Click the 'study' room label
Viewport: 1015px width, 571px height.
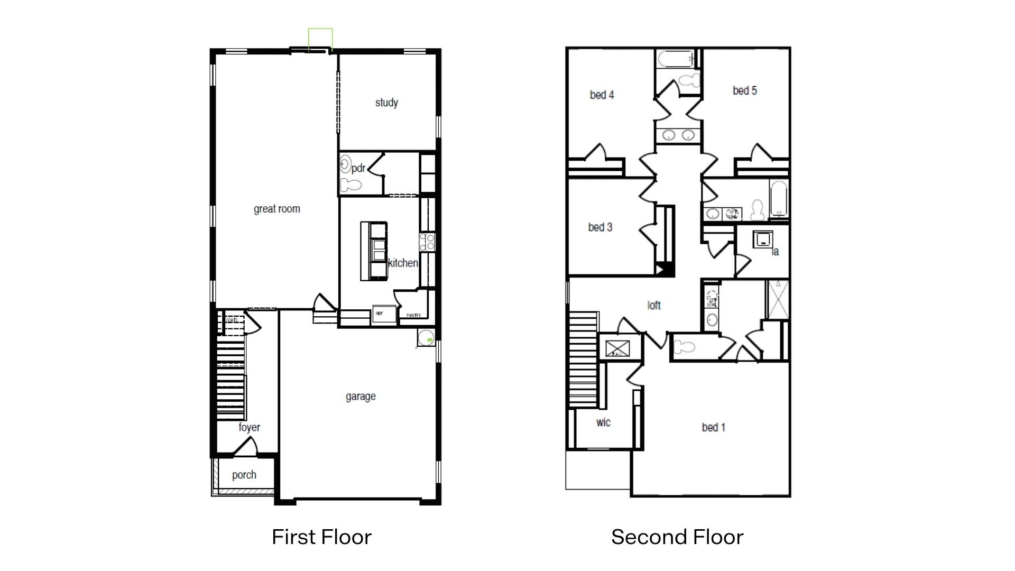[386, 103]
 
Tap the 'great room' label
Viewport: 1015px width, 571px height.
[276, 209]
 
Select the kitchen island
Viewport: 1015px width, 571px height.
[374, 251]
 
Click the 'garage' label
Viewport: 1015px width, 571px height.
[361, 396]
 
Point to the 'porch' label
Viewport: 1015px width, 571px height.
[244, 475]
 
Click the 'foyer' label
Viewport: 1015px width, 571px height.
[249, 427]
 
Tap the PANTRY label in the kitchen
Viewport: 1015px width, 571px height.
[413, 316]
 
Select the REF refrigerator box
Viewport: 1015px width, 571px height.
[384, 314]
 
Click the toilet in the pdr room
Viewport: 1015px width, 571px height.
[350, 185]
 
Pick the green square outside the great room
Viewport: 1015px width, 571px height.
[320, 40]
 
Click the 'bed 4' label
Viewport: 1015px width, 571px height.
[602, 95]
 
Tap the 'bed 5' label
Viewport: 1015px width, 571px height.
[744, 90]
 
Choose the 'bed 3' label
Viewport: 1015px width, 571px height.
[600, 227]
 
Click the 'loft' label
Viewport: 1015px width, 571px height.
[654, 305]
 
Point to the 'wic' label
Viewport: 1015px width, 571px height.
[603, 422]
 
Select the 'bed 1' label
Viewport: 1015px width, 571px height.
[713, 427]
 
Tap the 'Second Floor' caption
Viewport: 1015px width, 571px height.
[677, 537]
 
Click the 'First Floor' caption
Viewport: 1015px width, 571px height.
[321, 537]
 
